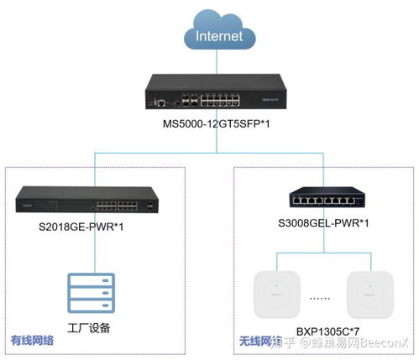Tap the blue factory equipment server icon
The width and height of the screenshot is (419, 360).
pyautogui.click(x=88, y=292)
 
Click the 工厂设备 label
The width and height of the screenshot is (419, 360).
pyautogui.click(x=88, y=326)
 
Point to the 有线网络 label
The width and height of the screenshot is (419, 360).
pyautogui.click(x=32, y=342)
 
